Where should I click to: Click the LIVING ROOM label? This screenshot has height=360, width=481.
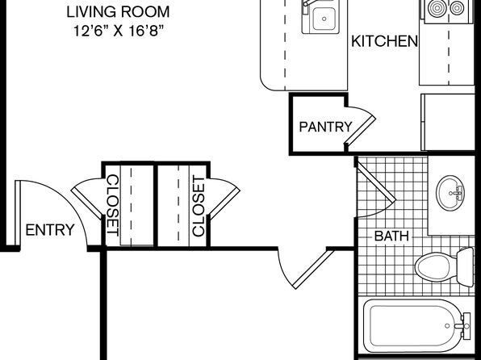click(118, 12)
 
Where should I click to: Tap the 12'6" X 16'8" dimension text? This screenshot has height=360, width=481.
click(118, 31)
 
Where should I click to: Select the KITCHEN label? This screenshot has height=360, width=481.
click(384, 41)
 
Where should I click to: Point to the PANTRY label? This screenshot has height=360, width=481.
click(325, 127)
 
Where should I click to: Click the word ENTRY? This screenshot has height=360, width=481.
click(50, 230)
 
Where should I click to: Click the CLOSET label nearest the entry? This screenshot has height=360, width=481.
click(112, 205)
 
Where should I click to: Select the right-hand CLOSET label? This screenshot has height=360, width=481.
click(199, 206)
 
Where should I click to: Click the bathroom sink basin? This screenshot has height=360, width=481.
click(450, 193)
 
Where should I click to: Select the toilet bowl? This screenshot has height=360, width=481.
click(436, 266)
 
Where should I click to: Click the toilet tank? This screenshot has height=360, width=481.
click(465, 266)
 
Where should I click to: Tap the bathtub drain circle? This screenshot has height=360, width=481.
click(447, 326)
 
